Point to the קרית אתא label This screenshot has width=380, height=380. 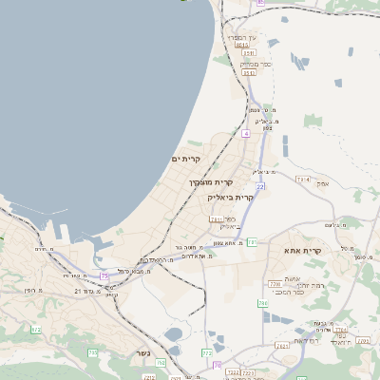click(x=303, y=251)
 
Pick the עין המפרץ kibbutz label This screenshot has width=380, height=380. click(x=240, y=37)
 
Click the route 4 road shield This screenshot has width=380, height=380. click(x=245, y=134)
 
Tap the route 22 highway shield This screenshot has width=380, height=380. click(x=259, y=187)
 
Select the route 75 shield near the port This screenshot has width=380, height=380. click(x=104, y=275)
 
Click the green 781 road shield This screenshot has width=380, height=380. click(x=252, y=242)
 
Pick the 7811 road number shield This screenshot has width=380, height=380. click(x=216, y=219)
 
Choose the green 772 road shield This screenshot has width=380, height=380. click(x=207, y=353)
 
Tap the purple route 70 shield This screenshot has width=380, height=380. click(x=218, y=364)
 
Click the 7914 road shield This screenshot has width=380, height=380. click(x=303, y=179)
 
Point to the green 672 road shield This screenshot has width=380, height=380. click(x=36, y=330)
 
